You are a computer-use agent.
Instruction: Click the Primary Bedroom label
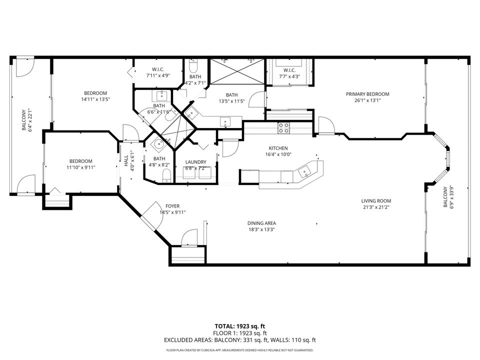pyautogui.click(x=367, y=94)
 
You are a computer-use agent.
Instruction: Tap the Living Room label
pyautogui.click(x=376, y=201)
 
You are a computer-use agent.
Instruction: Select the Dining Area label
pyautogui.click(x=261, y=223)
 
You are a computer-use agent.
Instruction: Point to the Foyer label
pyautogui.click(x=172, y=206)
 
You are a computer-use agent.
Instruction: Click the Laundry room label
pyautogui.click(x=196, y=162)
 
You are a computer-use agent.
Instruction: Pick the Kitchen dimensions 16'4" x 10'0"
pyautogui.click(x=278, y=154)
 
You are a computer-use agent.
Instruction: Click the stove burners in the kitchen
pyautogui.click(x=283, y=127)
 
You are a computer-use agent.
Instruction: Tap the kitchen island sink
pyautogui.click(x=305, y=172)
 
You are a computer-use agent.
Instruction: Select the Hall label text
pyautogui.click(x=126, y=160)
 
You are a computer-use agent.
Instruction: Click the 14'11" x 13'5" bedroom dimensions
pyautogui.click(x=95, y=99)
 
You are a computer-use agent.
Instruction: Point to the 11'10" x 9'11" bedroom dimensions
pyautogui.click(x=81, y=167)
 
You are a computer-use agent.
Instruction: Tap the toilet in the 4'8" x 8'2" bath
pyautogui.click(x=166, y=176)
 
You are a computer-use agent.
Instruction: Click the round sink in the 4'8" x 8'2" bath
pyautogui.click(x=159, y=144)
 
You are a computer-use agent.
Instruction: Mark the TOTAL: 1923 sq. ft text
pyautogui.click(x=239, y=326)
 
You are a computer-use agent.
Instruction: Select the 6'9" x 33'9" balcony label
pyautogui.click(x=448, y=197)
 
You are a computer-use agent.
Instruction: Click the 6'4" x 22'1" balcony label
pyautogui.click(x=26, y=120)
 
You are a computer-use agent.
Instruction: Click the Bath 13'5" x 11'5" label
pyautogui.click(x=231, y=98)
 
